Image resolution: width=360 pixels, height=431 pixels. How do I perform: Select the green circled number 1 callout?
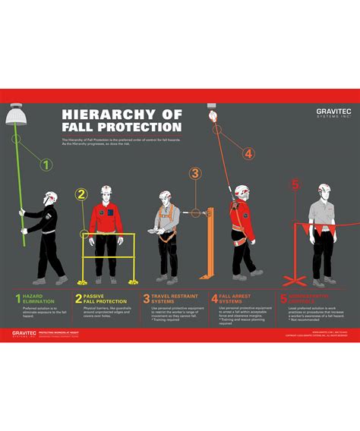[x=46, y=164]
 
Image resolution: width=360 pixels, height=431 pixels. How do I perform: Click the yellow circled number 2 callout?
[x=81, y=194]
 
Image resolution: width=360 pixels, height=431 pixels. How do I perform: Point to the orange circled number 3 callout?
[x=195, y=173]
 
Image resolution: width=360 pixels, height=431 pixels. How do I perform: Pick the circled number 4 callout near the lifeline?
[x=248, y=153]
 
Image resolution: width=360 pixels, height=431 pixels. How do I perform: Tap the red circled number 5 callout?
[x=296, y=184]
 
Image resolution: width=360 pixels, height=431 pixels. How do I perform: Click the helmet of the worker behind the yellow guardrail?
[x=106, y=188]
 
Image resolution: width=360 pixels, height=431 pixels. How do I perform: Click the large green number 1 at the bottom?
[x=17, y=299]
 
